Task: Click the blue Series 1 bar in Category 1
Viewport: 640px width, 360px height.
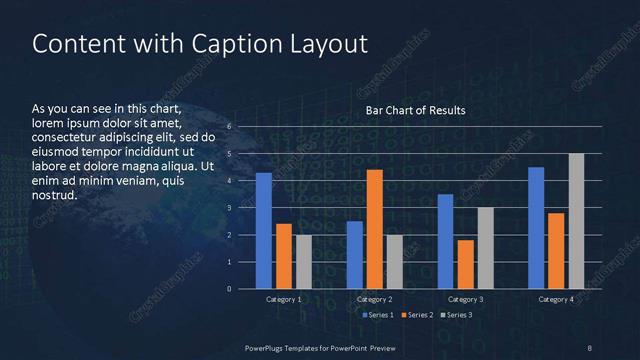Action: tap(264, 231)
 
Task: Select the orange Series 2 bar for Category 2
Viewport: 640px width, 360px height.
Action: tap(375, 229)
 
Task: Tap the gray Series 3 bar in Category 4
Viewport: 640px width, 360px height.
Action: tap(576, 221)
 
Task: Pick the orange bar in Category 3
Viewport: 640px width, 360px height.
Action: tap(466, 264)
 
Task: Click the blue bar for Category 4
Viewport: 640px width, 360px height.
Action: tap(536, 228)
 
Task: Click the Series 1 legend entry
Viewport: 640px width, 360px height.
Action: tap(378, 315)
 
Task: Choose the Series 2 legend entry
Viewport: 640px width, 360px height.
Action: tap(417, 315)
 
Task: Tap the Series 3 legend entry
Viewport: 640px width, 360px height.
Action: tap(456, 315)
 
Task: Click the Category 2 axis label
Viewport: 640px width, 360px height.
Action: tap(375, 299)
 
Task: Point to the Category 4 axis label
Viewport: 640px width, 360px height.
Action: tap(556, 299)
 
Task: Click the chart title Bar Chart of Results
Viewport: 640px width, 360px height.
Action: tap(415, 109)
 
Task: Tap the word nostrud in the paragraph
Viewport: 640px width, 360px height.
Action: tap(54, 195)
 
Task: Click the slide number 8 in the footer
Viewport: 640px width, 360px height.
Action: tap(589, 346)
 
